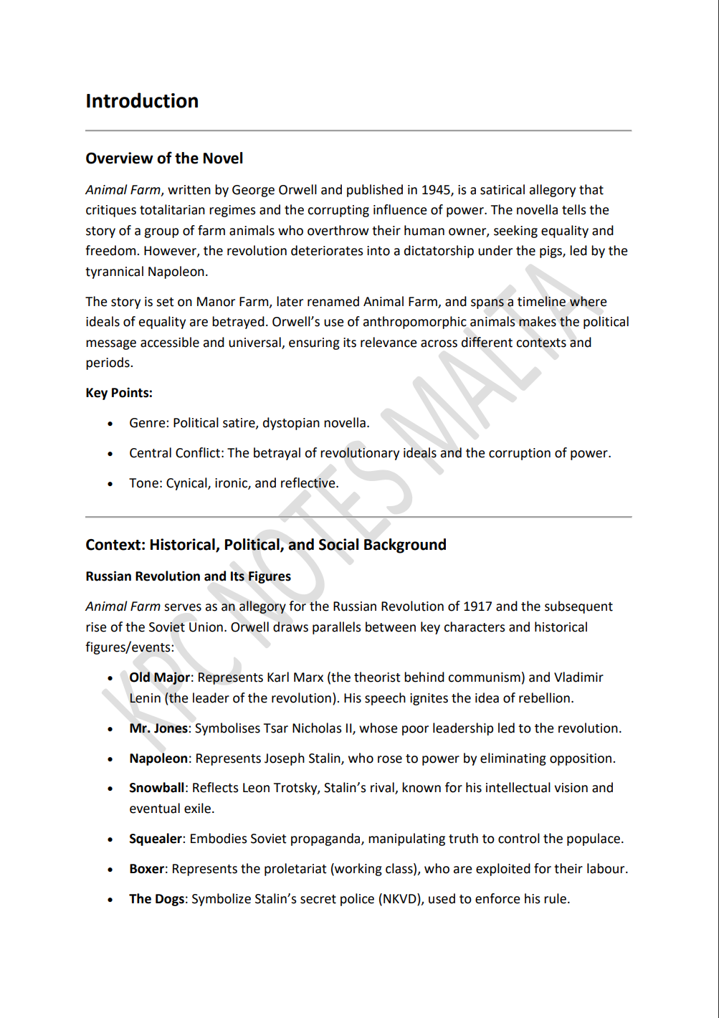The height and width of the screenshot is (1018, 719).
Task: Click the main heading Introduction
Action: pyautogui.click(x=142, y=101)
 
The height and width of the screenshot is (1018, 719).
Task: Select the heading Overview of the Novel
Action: pyautogui.click(x=164, y=158)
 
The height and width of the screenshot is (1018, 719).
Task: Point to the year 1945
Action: pyautogui.click(x=436, y=190)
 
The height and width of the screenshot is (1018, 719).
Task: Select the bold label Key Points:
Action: pyautogui.click(x=119, y=393)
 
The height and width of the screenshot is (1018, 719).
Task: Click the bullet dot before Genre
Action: pyautogui.click(x=110, y=424)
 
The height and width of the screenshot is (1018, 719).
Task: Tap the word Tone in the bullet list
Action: pyautogui.click(x=144, y=483)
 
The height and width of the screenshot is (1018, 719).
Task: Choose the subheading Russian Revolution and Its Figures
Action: pyautogui.click(x=188, y=576)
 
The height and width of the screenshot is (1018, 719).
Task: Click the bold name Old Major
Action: pyautogui.click(x=159, y=677)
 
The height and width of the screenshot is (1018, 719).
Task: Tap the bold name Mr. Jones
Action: pyautogui.click(x=158, y=728)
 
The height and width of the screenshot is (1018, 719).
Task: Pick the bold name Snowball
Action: pyautogui.click(x=156, y=788)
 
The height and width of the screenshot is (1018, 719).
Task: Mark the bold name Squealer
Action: pyautogui.click(x=156, y=839)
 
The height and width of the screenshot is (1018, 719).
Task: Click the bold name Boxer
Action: pyautogui.click(x=147, y=869)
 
